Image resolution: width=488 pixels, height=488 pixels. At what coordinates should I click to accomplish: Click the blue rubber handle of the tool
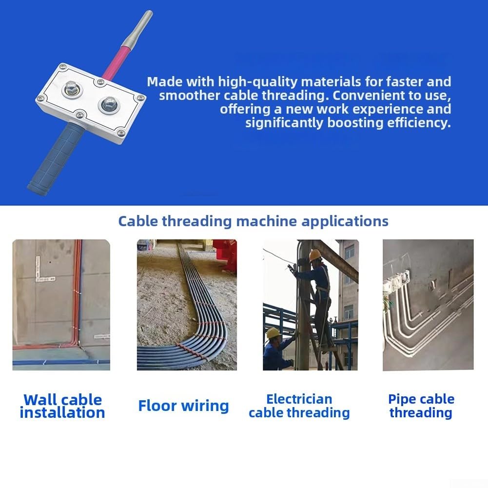pos(56,159)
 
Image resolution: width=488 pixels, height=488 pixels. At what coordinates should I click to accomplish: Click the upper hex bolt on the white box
pos(72,89)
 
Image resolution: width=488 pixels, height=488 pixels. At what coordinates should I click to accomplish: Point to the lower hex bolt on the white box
pos(109,105)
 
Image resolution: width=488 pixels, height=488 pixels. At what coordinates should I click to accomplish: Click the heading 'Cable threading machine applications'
pos(253,222)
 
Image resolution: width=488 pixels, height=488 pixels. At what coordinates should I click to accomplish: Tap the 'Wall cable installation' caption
pos(62,406)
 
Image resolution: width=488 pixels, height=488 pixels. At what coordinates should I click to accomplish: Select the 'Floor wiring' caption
pos(183,406)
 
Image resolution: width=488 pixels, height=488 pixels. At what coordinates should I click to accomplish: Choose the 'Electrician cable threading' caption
pos(299,406)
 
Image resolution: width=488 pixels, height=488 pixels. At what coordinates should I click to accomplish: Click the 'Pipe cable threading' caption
pos(421,406)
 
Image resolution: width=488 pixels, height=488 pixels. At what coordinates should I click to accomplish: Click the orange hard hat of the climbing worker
pos(315,255)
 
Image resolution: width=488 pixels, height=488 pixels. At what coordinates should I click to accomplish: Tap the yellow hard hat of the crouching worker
pos(273,333)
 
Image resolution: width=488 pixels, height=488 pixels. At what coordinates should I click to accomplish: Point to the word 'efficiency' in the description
pos(419,123)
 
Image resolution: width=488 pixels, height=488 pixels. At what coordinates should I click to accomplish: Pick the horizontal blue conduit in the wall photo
pos(61,362)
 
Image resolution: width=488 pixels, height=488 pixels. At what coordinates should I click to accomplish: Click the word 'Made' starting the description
pos(165,82)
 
